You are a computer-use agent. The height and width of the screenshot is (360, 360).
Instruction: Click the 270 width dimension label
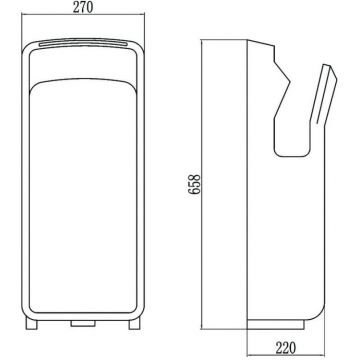click(83, 7)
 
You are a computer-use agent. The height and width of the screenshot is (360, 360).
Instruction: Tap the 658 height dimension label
click(194, 184)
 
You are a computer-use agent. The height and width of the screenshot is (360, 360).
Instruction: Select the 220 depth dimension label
click(285, 348)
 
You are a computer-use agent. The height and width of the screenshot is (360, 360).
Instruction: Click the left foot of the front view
click(32, 323)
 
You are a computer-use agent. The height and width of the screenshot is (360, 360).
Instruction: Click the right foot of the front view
click(134, 323)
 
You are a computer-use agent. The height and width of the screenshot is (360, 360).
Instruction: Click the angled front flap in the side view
click(324, 94)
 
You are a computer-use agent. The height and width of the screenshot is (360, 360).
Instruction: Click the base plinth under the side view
click(276, 324)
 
